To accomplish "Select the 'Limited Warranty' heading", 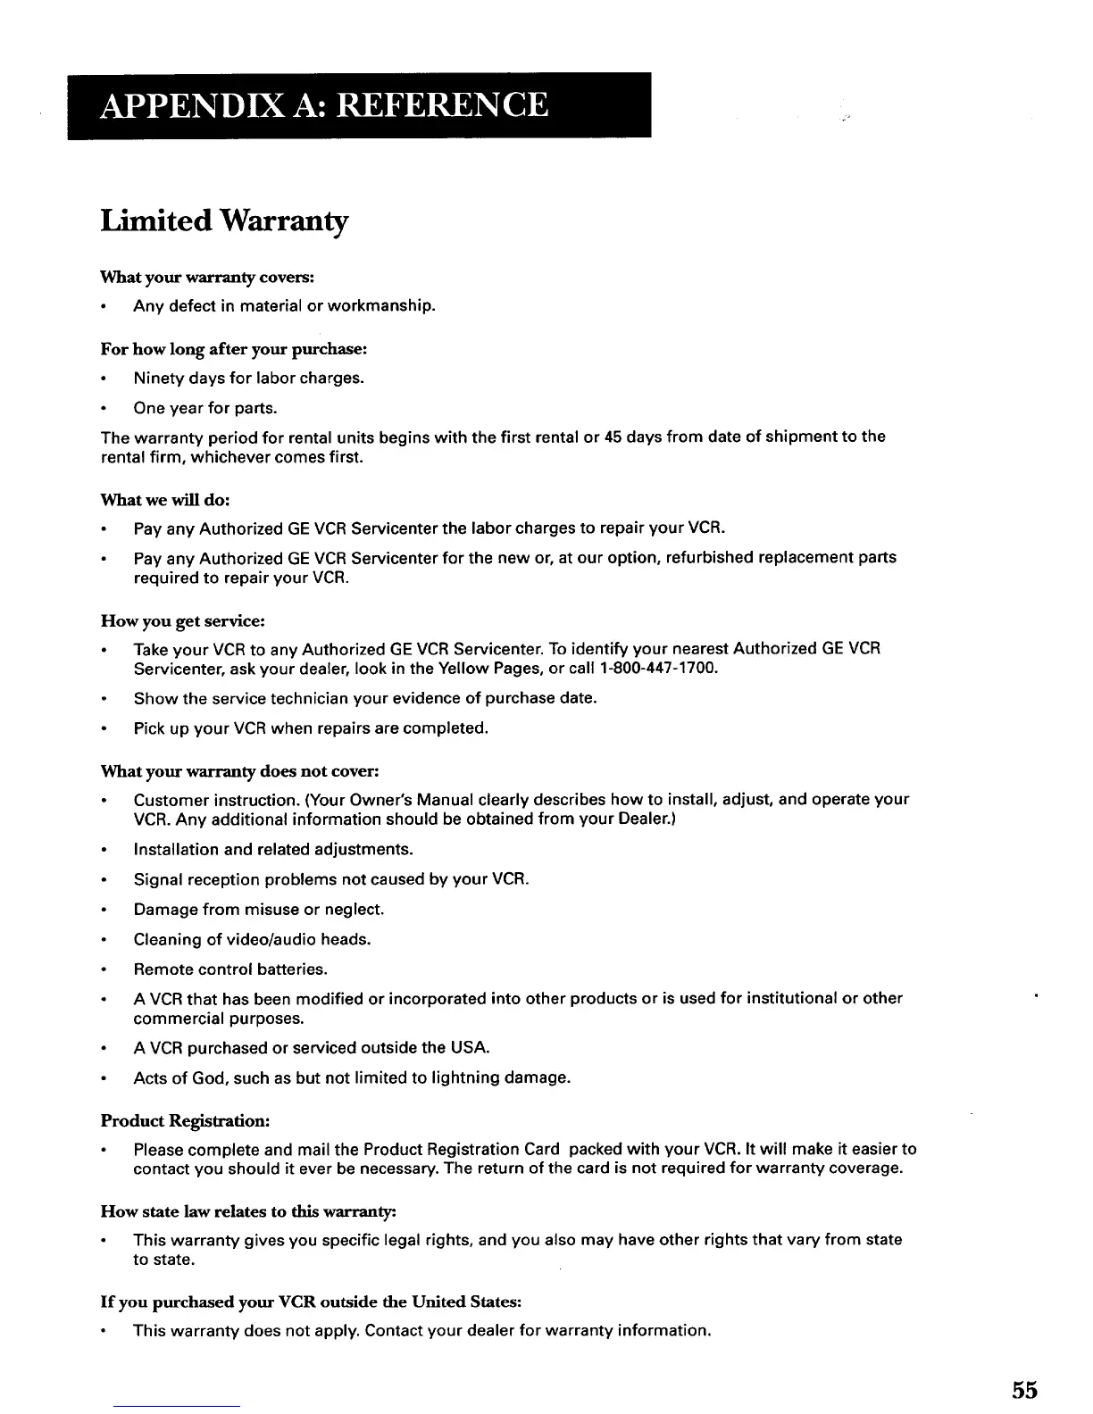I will tap(224, 220).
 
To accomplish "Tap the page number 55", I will tap(1024, 1389).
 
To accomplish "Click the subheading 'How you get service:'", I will tap(183, 620).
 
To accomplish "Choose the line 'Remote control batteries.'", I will tap(230, 969).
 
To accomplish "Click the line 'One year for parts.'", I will tap(205, 408).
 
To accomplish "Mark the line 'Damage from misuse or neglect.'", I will tap(259, 910).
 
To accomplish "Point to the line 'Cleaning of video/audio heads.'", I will tap(252, 939).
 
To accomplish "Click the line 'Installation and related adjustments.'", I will tap(273, 849).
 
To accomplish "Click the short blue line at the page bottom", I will tap(178, 1407).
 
